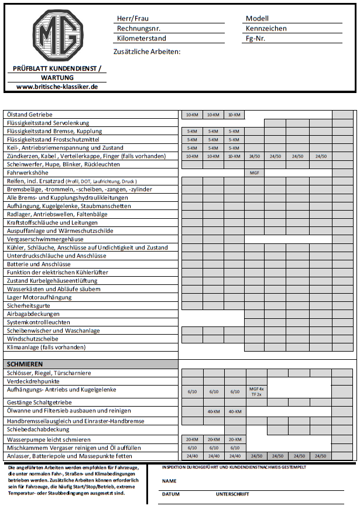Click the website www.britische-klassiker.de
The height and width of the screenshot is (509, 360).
57,86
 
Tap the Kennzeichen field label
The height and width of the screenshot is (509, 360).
266,28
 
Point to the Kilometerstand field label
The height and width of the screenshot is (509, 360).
142,39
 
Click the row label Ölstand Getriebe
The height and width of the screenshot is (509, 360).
30,115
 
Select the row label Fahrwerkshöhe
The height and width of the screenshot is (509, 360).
28,173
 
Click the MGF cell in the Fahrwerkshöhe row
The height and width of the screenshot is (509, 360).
255,173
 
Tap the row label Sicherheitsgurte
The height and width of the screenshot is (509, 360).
27,305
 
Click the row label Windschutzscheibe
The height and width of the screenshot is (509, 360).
32,339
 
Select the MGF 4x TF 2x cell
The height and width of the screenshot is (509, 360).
256,391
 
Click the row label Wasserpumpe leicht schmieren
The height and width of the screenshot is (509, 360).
49,439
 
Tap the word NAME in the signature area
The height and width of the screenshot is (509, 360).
169,481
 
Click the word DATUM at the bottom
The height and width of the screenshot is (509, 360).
171,494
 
